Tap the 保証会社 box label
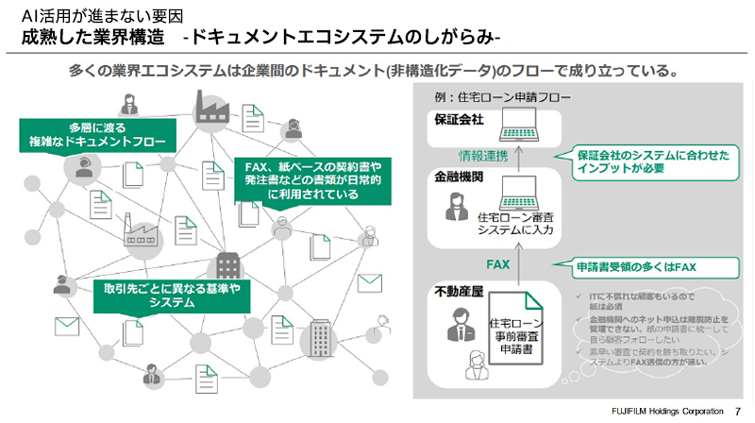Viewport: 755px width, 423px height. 459,120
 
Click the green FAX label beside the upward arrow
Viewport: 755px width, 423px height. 497,264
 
